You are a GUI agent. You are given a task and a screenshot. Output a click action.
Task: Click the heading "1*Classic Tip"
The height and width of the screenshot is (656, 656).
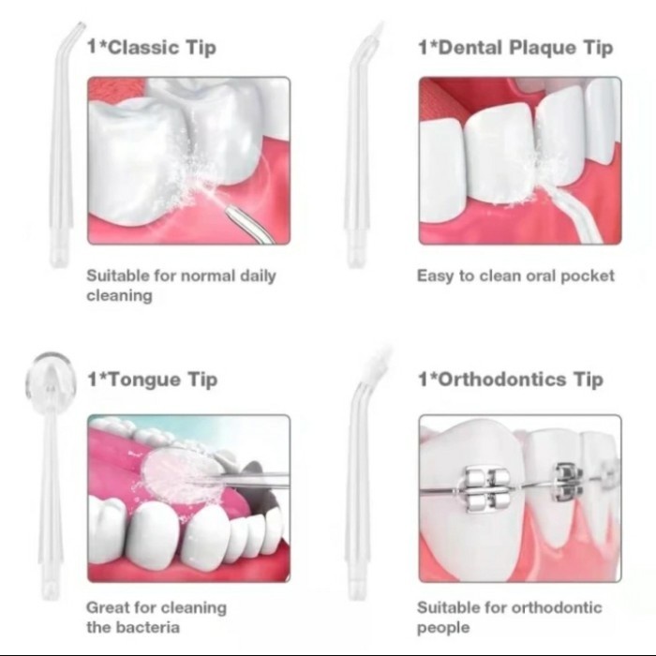pyautogui.click(x=154, y=48)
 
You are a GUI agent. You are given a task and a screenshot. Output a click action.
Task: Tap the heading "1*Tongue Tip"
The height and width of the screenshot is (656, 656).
pyautogui.click(x=152, y=380)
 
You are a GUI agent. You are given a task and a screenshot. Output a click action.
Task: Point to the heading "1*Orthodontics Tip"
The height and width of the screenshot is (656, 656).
pyautogui.click(x=510, y=380)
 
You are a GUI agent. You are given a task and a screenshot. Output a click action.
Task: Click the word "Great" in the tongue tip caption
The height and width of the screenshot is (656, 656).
pyautogui.click(x=108, y=607)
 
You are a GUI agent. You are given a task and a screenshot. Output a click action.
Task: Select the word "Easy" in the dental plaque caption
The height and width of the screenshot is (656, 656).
pyautogui.click(x=434, y=276)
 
